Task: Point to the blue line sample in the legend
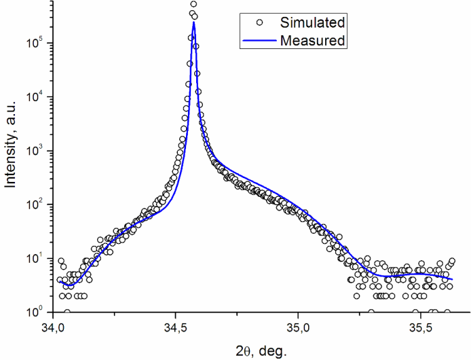click(x=259, y=41)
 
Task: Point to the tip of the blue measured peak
click(x=194, y=22)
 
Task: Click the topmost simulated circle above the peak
click(x=193, y=4)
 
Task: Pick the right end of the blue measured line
click(x=452, y=279)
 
